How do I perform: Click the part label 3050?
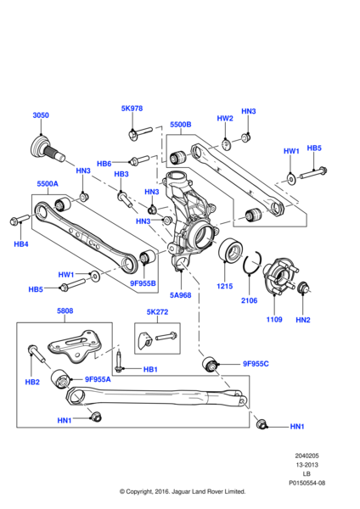click(x=41, y=115)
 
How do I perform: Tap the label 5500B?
click(x=180, y=125)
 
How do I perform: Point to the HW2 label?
click(x=224, y=119)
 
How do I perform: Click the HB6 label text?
click(x=104, y=164)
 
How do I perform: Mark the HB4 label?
click(x=21, y=244)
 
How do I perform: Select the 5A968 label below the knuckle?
click(x=180, y=295)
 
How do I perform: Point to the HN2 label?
click(x=303, y=319)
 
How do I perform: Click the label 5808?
click(x=65, y=310)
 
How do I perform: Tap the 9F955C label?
click(x=256, y=364)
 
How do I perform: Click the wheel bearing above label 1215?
click(x=229, y=252)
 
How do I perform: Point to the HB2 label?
click(x=32, y=382)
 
